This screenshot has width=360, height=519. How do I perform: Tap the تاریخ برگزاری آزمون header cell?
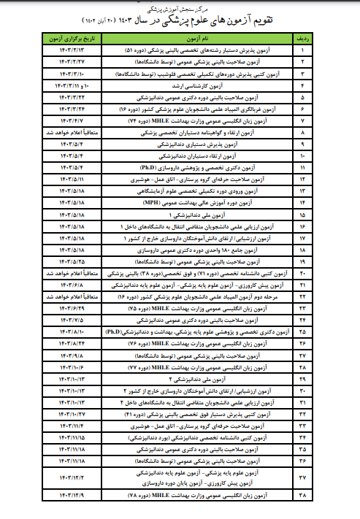click(69, 36)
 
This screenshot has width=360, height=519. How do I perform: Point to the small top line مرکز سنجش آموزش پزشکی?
click(180, 8)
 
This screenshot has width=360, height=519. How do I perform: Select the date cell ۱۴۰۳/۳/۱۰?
click(69, 74)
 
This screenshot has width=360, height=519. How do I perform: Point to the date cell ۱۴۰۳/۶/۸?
click(69, 282)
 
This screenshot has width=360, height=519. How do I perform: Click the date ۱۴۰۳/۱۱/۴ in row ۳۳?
click(69, 423)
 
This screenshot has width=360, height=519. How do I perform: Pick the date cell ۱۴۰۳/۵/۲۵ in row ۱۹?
click(69, 260)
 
